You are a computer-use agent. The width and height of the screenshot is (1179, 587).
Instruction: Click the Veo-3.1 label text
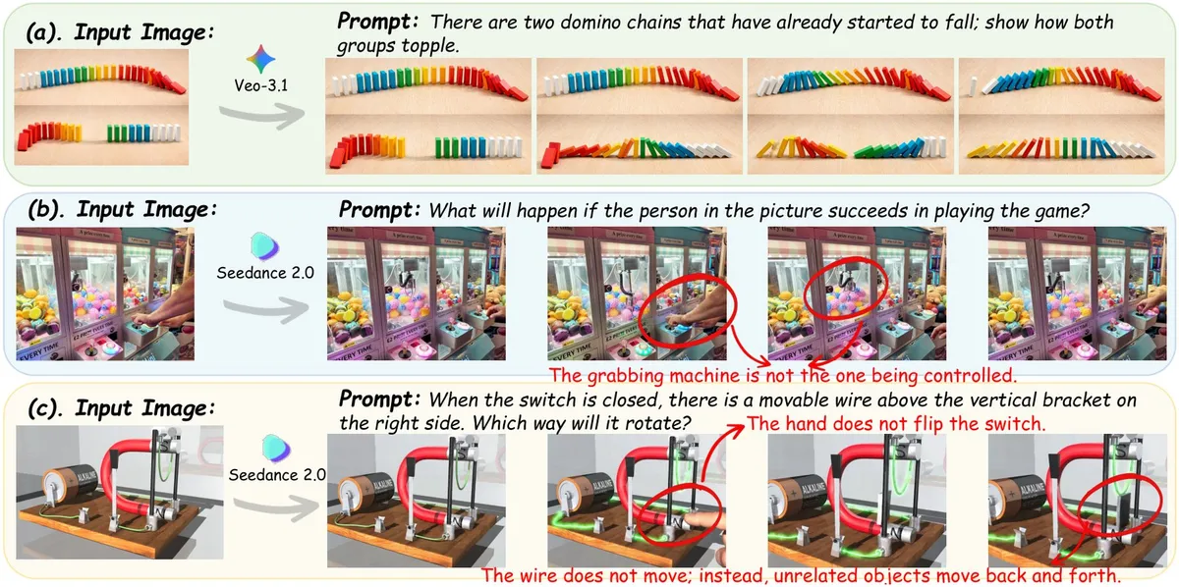(261, 85)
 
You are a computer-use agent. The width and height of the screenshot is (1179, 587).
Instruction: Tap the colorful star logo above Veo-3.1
(261, 59)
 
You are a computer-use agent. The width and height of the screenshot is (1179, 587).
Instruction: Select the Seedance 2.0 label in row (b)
(265, 273)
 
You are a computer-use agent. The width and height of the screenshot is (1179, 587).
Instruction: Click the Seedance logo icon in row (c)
(276, 449)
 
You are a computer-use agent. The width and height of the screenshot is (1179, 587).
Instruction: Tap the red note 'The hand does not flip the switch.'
(896, 423)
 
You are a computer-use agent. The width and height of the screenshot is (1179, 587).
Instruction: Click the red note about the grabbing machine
(783, 376)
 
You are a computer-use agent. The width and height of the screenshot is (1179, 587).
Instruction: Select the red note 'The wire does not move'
(801, 575)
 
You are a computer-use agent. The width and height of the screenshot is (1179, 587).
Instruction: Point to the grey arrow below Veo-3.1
(262, 115)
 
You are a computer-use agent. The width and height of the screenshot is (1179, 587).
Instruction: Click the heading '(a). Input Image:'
(121, 32)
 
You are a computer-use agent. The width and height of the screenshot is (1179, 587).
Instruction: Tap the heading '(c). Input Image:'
(122, 407)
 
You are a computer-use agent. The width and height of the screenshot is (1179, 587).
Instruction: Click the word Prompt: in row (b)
(379, 209)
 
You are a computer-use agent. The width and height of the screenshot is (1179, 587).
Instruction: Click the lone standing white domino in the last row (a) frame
(974, 86)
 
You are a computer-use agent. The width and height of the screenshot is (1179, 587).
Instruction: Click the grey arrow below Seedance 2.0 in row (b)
(266, 309)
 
